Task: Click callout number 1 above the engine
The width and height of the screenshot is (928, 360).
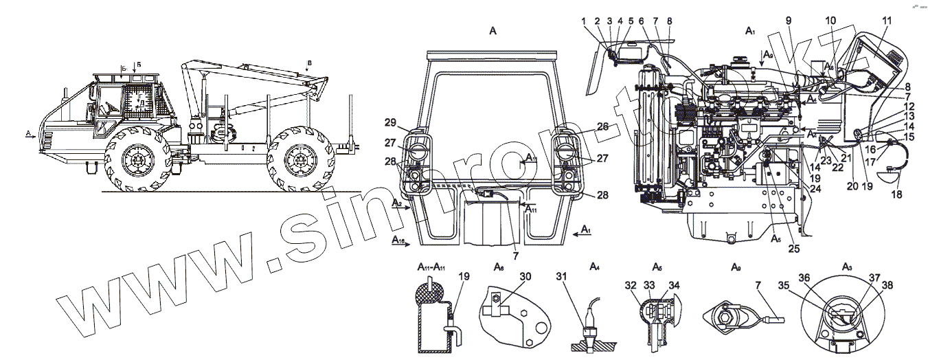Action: pos(585,21)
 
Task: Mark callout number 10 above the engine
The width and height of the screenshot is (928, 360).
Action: pos(830,21)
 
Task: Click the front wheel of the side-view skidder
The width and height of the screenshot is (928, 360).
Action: pos(137,159)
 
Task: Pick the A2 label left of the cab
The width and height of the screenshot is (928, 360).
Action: pos(397,205)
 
